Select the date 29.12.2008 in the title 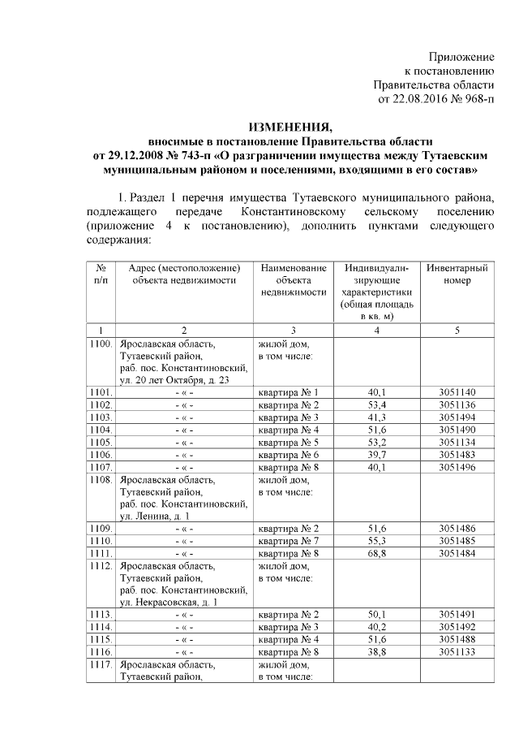(x=148, y=153)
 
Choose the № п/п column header (x=101, y=274)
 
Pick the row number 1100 (x=101, y=344)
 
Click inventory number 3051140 (x=459, y=392)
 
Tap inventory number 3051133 (x=459, y=651)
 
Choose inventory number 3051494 (x=459, y=417)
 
